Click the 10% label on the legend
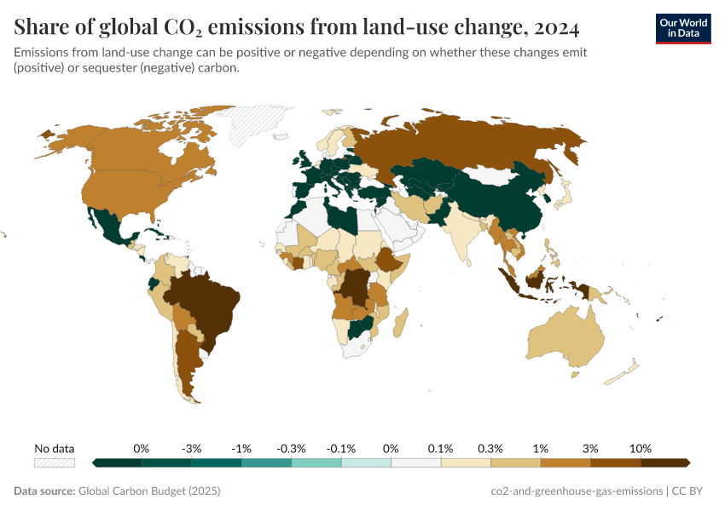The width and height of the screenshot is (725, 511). click(641, 448)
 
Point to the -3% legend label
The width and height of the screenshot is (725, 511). click(192, 448)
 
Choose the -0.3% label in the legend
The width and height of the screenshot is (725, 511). click(292, 448)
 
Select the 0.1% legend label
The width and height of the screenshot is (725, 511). click(441, 448)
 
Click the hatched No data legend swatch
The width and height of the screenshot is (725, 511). click(55, 462)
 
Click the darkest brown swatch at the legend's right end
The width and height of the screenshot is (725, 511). click(665, 462)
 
